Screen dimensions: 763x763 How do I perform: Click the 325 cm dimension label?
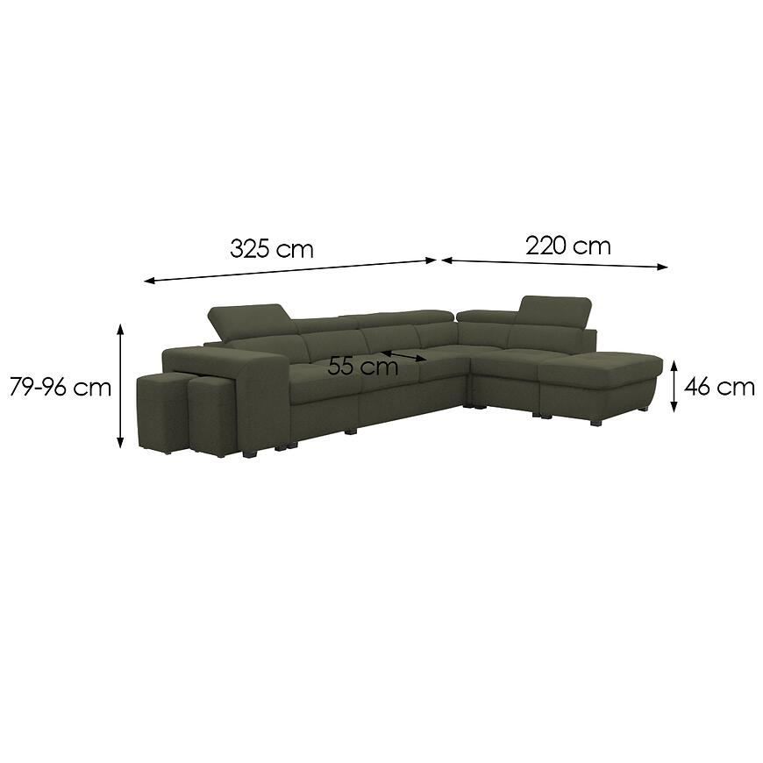point(272,248)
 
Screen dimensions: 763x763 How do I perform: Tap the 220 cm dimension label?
point(568,246)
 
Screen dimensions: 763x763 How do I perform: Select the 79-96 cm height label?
point(61,388)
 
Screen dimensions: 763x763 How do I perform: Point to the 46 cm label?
point(719,387)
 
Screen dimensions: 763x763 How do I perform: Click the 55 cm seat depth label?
point(362,366)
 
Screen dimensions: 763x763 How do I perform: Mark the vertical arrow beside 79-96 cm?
point(120,385)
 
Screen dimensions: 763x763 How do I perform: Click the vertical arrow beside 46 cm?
point(674,386)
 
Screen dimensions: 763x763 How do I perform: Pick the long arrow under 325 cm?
point(290,270)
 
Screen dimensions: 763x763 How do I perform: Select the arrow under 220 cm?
point(555,263)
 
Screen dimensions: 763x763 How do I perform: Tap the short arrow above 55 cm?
point(403,356)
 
